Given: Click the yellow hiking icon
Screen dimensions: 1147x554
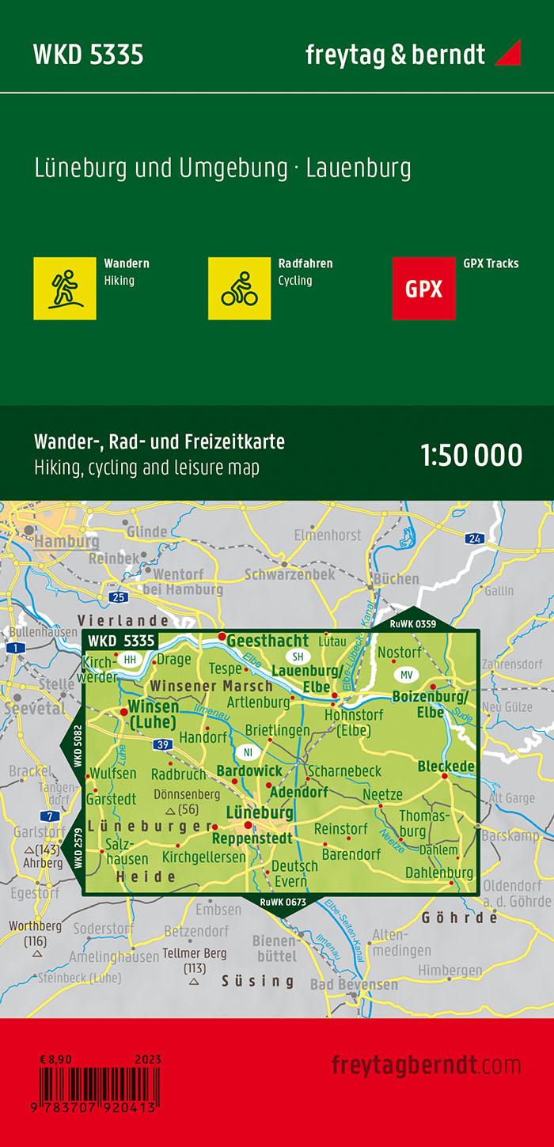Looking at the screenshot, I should (x=65, y=288).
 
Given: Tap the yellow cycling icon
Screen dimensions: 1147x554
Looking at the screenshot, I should (x=239, y=288).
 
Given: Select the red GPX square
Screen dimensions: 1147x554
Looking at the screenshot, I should (x=424, y=288).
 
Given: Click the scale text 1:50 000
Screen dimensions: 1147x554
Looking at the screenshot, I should (x=471, y=456).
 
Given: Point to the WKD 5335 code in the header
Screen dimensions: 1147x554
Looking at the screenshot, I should (x=88, y=55).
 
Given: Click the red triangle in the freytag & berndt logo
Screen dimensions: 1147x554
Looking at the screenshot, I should (x=508, y=54).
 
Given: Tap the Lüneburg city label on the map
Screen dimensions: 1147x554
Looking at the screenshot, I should (x=260, y=812).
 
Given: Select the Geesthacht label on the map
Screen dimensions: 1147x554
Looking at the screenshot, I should (x=259, y=642).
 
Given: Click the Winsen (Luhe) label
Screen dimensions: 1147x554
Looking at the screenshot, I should (x=153, y=714).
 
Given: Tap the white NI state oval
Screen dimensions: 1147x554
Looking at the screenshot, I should (x=248, y=751).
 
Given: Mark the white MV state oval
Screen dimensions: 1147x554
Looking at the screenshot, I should (x=407, y=675).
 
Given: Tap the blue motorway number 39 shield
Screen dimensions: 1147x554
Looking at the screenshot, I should (x=163, y=744).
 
